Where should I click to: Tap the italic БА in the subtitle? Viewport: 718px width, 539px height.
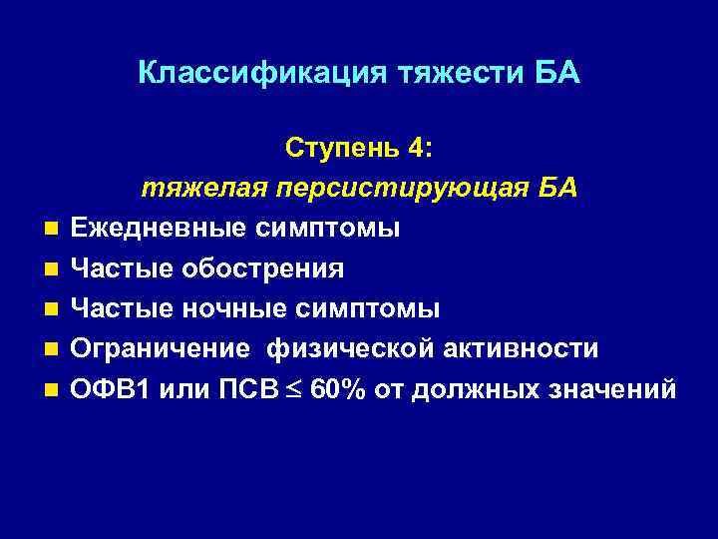557,189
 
